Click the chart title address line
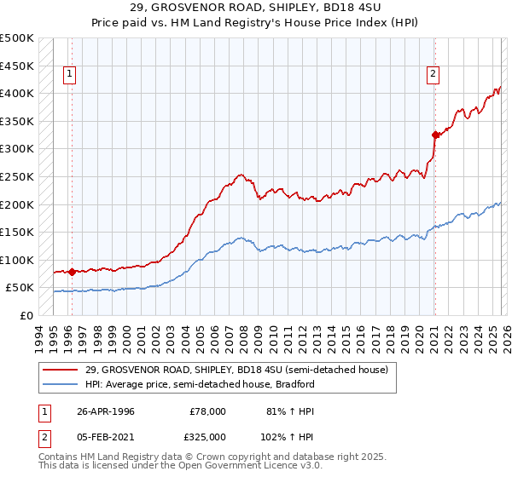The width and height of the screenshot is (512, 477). coord(256,8)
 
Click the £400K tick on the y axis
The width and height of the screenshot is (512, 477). coord(17,93)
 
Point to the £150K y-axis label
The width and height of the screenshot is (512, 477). coord(17,232)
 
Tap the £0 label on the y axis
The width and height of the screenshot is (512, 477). coord(27,315)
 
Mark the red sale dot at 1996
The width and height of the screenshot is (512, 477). coord(72,273)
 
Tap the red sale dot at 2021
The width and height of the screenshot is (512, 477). coord(434,135)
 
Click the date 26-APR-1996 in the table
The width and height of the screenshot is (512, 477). coord(106,411)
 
